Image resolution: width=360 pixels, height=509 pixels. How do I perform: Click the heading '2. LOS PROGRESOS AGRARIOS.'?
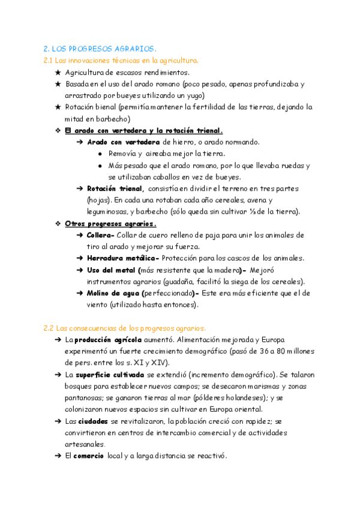click(x=100, y=49)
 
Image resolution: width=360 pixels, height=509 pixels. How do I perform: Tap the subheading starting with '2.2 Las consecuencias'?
click(x=125, y=328)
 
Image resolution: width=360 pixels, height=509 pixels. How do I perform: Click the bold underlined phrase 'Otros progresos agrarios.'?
click(x=110, y=224)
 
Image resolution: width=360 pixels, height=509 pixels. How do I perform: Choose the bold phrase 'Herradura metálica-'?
click(x=123, y=258)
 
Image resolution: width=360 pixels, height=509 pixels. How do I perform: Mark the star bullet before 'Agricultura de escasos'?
click(x=58, y=72)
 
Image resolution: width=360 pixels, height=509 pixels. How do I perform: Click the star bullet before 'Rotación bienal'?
click(x=58, y=107)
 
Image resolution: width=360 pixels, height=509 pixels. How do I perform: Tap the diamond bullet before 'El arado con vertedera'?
click(x=58, y=130)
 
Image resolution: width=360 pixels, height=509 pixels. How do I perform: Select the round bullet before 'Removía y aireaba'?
click(x=100, y=154)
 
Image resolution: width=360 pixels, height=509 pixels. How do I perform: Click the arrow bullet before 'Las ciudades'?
click(x=57, y=421)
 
